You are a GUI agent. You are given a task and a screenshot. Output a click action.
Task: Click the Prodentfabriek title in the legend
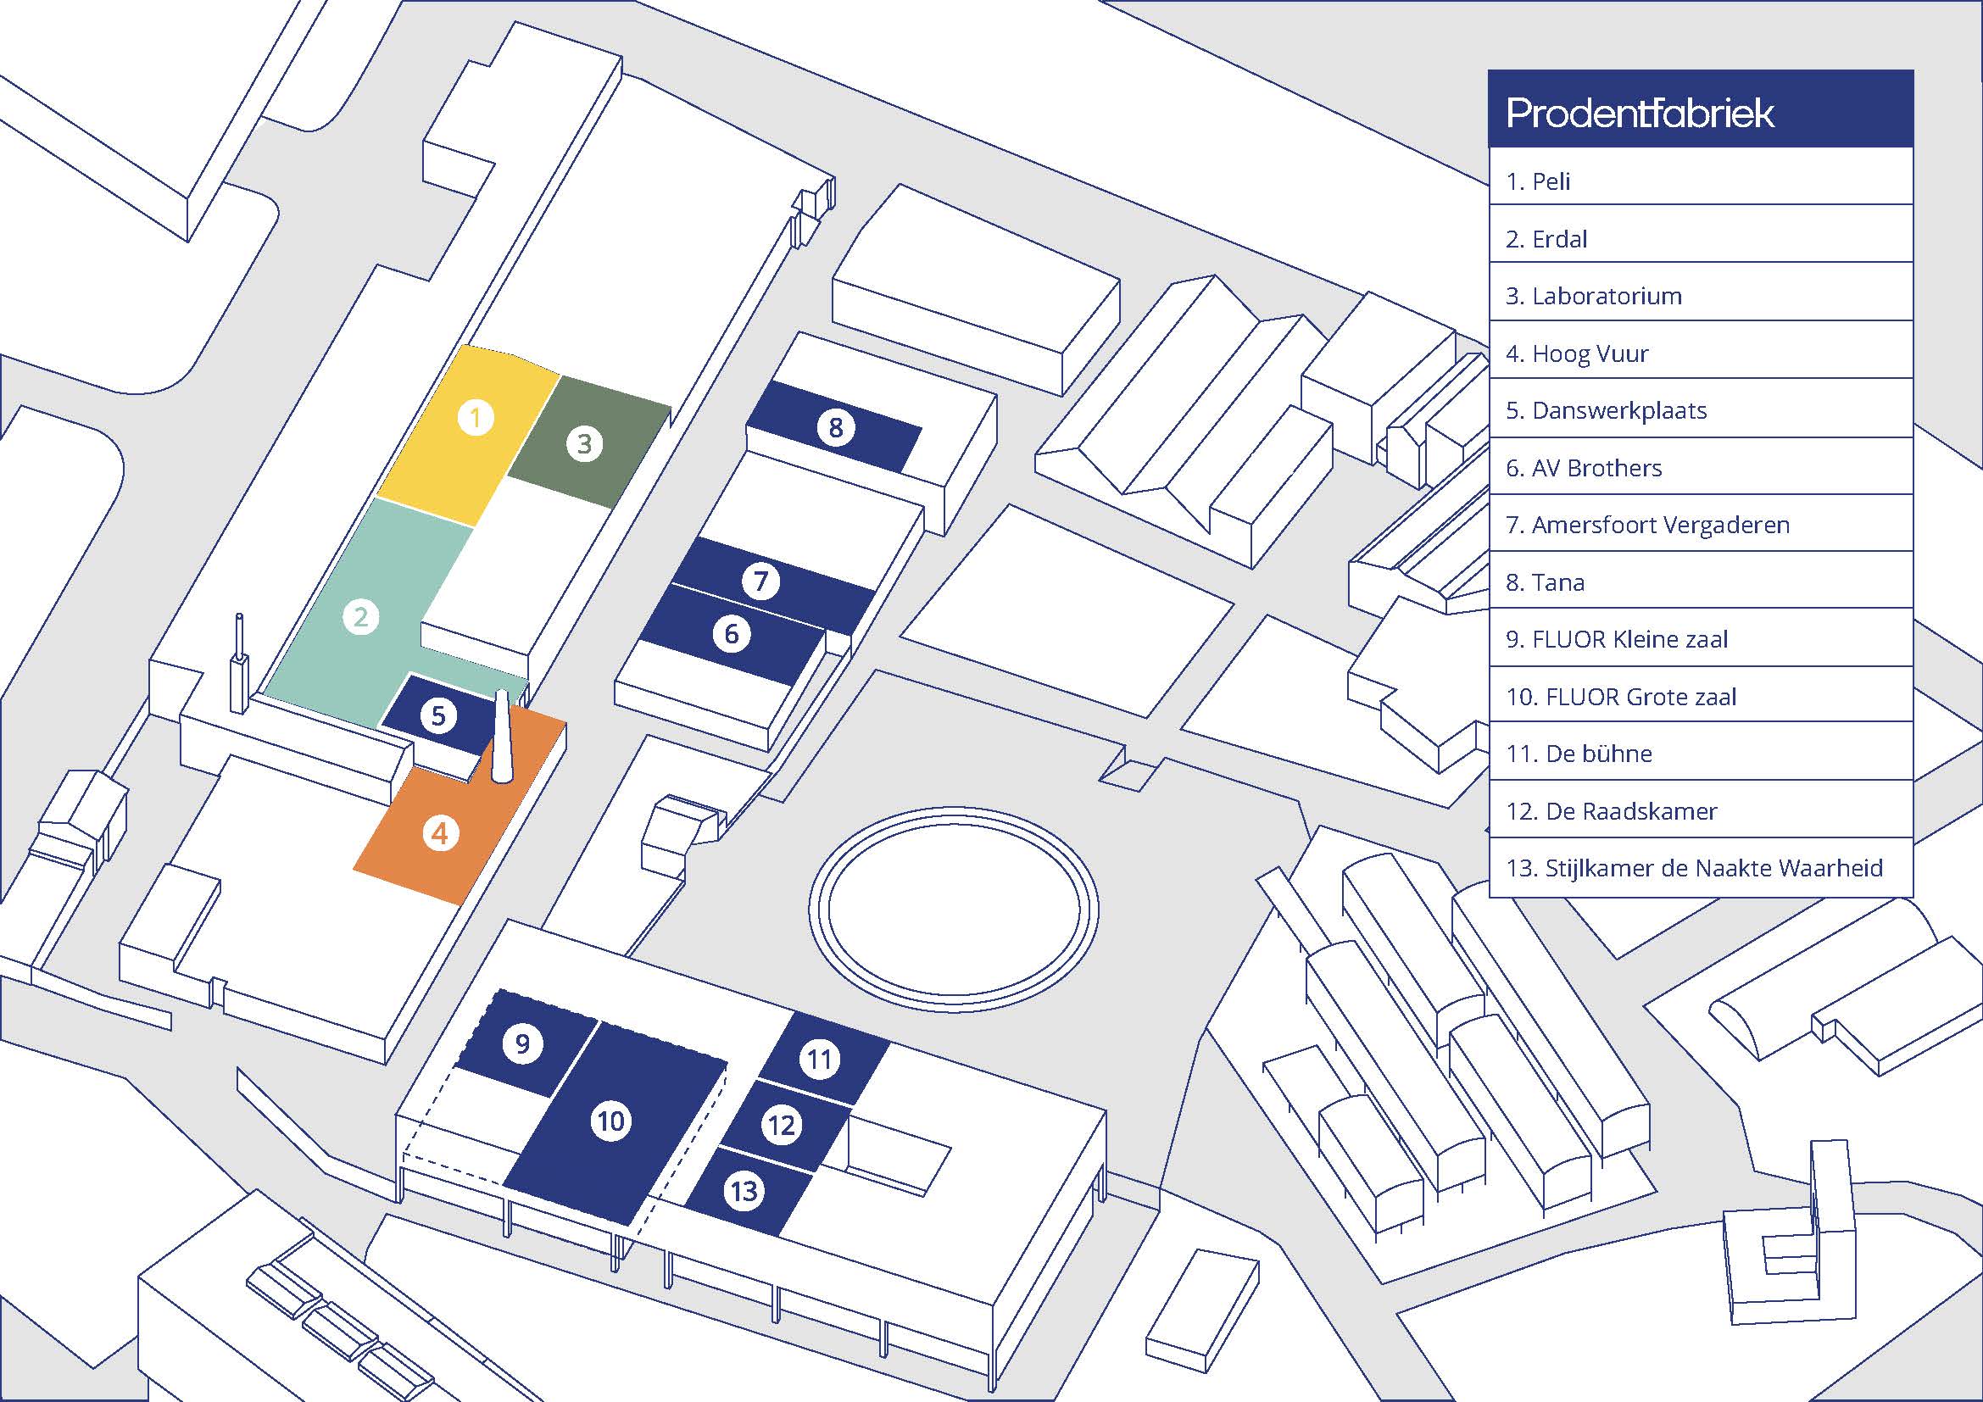[x=1640, y=113]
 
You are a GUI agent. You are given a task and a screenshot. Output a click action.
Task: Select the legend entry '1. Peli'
[x=1538, y=181]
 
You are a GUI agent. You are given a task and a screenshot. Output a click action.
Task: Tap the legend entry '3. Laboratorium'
[x=1594, y=296]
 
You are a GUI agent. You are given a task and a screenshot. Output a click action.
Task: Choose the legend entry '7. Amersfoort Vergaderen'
[x=1647, y=525]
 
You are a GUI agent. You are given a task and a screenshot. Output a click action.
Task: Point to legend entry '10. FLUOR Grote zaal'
[x=1620, y=697]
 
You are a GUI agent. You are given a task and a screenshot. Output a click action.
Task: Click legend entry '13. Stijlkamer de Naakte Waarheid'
[x=1694, y=868]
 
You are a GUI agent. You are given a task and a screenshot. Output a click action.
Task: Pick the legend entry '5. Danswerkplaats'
[x=1606, y=410]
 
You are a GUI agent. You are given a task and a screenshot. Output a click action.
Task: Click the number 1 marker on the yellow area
[x=475, y=418]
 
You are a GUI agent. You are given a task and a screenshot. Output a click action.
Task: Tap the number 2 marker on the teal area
[x=361, y=617]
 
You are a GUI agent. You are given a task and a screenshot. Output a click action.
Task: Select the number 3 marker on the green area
[x=585, y=443]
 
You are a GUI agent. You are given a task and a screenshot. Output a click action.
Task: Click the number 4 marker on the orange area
[x=441, y=834]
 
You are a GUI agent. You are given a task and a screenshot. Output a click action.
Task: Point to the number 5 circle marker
[x=439, y=715]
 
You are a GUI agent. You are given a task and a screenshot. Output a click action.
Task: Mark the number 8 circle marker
[x=835, y=427]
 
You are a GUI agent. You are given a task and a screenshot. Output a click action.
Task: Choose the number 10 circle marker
[x=611, y=1121]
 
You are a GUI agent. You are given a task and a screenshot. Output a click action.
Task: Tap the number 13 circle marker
[x=744, y=1193]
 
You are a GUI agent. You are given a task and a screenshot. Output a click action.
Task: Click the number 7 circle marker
[x=760, y=581]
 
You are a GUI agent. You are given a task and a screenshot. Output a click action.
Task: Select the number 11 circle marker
[x=820, y=1060]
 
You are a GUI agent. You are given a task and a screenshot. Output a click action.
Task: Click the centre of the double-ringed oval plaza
[x=954, y=909]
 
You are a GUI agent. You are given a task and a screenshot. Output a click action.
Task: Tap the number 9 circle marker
[x=522, y=1044]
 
